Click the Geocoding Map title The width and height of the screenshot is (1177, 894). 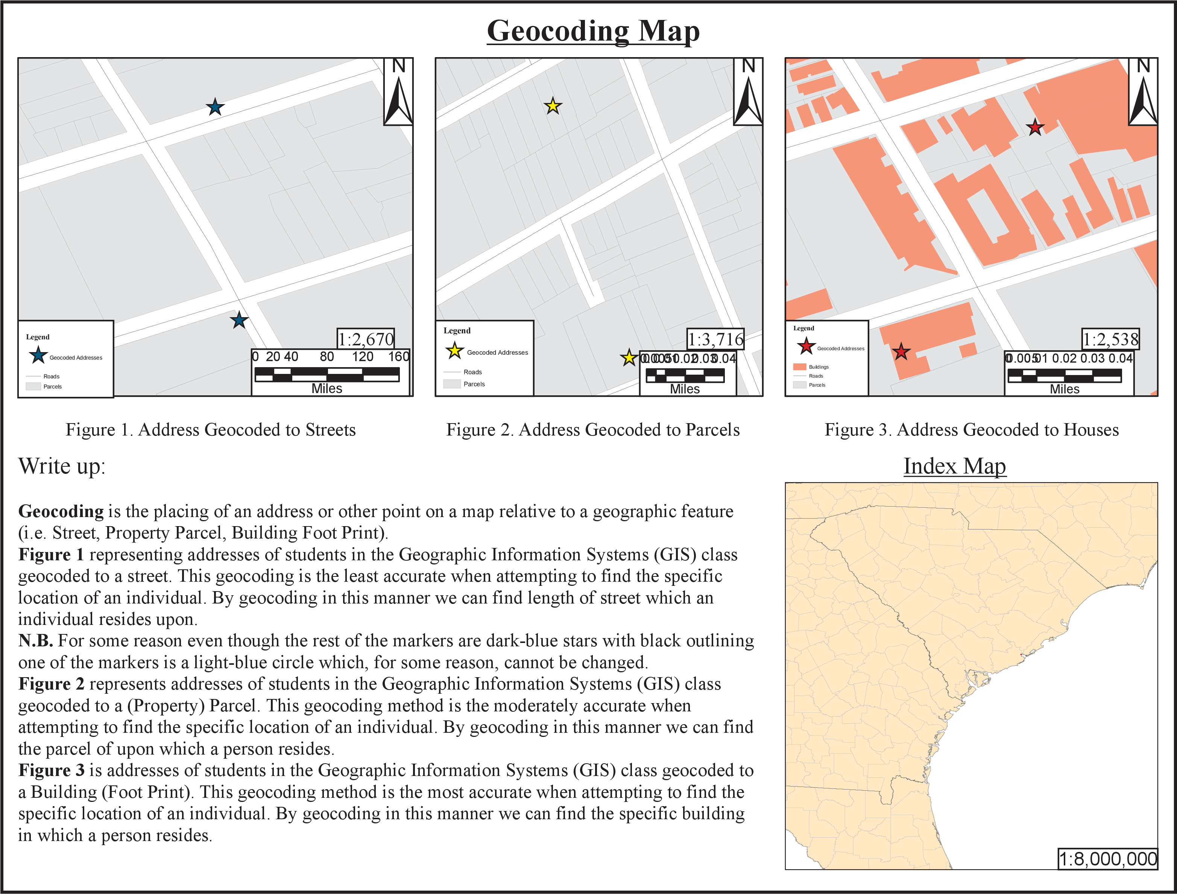pos(593,31)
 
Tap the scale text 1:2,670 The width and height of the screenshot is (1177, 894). pos(366,339)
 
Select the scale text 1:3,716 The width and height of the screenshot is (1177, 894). pos(715,339)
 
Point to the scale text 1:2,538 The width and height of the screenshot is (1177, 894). pos(1110,339)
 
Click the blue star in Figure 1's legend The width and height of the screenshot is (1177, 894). pos(38,355)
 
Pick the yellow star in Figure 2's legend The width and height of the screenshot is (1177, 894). pos(455,351)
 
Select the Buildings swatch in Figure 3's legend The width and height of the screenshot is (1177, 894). pos(799,367)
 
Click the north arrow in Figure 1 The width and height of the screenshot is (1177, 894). pos(398,92)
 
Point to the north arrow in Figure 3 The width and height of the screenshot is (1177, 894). pos(1143,92)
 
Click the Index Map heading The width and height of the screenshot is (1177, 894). pos(954,466)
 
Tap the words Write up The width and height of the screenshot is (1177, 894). pos(62,466)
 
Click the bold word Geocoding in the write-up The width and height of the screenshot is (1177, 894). pos(61,511)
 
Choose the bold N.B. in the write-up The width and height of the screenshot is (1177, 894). pos(35,641)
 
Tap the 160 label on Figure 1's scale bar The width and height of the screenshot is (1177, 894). pos(398,357)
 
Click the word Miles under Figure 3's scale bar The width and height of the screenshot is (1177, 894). pos(1064,389)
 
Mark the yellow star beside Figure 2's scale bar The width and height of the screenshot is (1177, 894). pos(629,358)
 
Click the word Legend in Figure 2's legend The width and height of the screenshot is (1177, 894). pos(457,330)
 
